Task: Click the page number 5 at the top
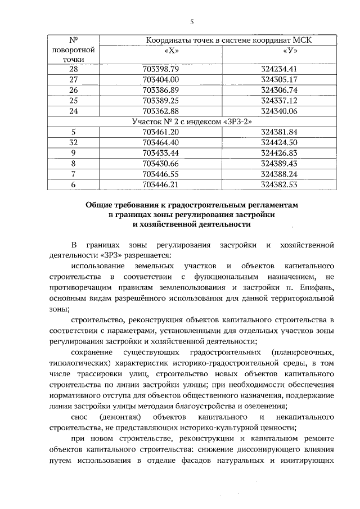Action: [x=191, y=22]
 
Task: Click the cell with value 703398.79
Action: [x=160, y=69]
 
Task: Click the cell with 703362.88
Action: [x=160, y=111]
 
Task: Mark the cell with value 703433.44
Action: [x=160, y=153]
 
